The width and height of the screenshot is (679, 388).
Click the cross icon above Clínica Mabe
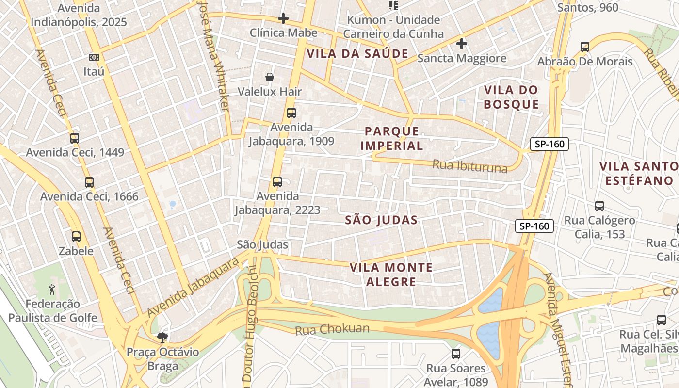pos(283,19)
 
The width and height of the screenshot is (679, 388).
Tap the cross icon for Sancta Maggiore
pos(462,44)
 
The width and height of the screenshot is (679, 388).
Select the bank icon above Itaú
pos(94,57)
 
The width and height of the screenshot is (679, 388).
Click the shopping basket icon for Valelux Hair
pos(270,77)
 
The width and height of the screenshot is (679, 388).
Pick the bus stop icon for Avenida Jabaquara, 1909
pos(291,113)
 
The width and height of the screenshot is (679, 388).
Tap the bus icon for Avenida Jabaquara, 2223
pos(277,182)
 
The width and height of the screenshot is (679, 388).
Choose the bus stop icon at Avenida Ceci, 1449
pos(75,138)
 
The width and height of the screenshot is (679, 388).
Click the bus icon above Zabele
pos(76,237)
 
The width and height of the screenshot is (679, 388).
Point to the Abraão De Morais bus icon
pos(585,47)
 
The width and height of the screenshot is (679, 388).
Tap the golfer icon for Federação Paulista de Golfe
pos(52,290)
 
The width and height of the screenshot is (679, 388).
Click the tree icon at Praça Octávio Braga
pos(162,337)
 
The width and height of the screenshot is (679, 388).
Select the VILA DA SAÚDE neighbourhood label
pos(357,54)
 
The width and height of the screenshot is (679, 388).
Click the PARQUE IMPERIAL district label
pos(392,138)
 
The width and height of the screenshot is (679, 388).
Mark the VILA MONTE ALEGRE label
pos(391,275)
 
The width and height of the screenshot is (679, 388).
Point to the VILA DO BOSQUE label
pos(511,97)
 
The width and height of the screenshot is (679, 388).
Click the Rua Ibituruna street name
pos(469,166)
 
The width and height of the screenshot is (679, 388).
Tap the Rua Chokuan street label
pos(332,329)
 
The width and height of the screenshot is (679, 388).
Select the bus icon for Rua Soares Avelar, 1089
pos(455,354)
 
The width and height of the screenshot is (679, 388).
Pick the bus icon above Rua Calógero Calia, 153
pos(599,206)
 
